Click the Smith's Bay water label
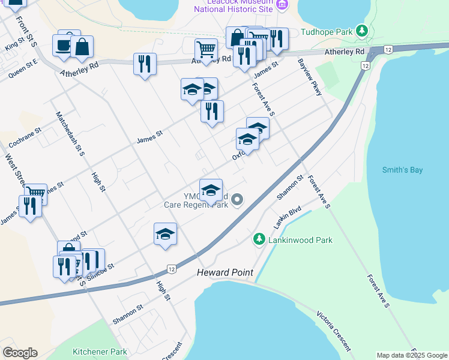pos(402,170)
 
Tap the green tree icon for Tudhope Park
pos(361,30)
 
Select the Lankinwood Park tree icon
pos(259,239)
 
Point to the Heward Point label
pos(225,273)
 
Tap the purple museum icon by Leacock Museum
pos(282,5)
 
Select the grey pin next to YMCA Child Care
pos(238,199)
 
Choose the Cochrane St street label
pos(25,138)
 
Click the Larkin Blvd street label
pos(288,216)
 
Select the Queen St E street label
pos(23,68)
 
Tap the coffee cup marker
pos(63,45)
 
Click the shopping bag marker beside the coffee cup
pos(82,47)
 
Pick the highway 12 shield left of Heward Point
pos(172,268)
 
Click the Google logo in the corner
pos(20,353)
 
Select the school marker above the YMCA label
pos(211,190)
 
